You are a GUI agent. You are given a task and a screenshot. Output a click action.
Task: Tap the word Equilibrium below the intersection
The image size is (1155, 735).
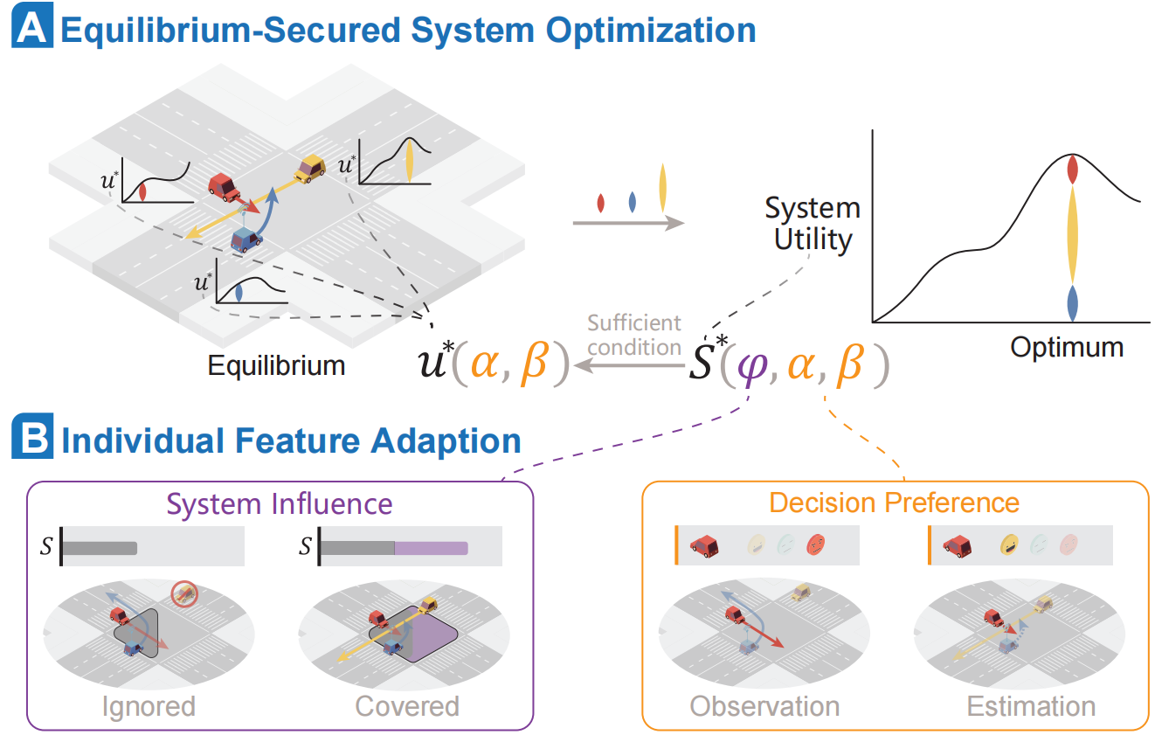point(276,364)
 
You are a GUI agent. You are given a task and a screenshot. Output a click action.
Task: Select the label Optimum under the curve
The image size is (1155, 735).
point(1067,347)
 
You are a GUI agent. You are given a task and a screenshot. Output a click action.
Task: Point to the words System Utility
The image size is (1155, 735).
point(813,223)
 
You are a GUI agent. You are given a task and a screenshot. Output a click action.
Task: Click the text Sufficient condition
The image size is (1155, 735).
point(633,335)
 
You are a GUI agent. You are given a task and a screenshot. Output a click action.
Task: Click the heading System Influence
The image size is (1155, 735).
point(280,503)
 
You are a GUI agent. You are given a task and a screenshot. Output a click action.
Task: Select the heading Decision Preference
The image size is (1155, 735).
point(894,503)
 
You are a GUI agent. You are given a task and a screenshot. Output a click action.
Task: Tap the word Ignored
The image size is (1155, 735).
point(148,705)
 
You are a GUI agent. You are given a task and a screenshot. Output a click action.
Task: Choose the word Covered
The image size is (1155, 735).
point(406,705)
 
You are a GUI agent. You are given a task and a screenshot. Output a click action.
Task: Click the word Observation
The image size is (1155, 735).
point(764,705)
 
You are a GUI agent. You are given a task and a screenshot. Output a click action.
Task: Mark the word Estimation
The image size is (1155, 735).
point(1030,705)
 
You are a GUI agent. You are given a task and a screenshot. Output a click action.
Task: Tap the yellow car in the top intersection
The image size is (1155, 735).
point(310,169)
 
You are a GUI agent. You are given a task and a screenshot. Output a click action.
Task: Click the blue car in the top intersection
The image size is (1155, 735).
point(247,237)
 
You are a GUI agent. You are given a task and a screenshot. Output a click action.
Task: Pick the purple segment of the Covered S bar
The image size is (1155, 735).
point(431,548)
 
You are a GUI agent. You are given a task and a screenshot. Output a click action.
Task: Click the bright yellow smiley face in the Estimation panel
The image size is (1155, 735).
point(1011,545)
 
